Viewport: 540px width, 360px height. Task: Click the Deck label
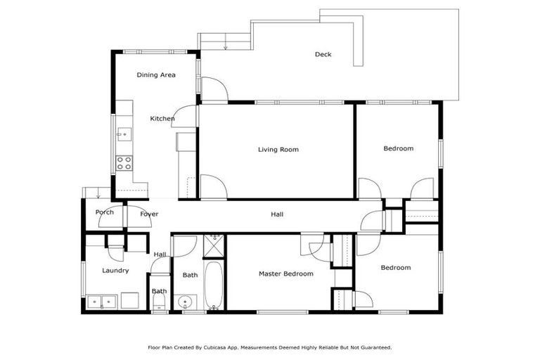pos(323,55)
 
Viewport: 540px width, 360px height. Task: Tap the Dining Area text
pos(155,75)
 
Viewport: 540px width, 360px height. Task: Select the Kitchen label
pos(162,119)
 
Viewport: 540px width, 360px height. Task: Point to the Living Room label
pos(278,149)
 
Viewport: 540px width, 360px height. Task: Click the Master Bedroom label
pos(285,274)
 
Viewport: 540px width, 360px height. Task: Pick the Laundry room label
pos(115,270)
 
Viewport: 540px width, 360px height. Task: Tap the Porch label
pos(105,212)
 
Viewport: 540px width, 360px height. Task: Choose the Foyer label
pos(149,214)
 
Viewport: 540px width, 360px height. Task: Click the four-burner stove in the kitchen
pos(124,163)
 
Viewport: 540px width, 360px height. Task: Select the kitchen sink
pos(124,133)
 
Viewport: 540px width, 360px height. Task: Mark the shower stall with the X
pos(213,247)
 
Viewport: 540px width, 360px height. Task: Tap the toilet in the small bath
pos(159,304)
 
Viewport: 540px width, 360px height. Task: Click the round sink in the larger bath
pos(186,303)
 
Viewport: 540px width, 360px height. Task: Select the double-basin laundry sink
pos(101,302)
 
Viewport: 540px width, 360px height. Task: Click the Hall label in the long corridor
pos(277,214)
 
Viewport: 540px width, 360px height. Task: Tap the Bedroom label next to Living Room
pos(398,148)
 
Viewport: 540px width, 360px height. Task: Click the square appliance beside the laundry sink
pos(130,301)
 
